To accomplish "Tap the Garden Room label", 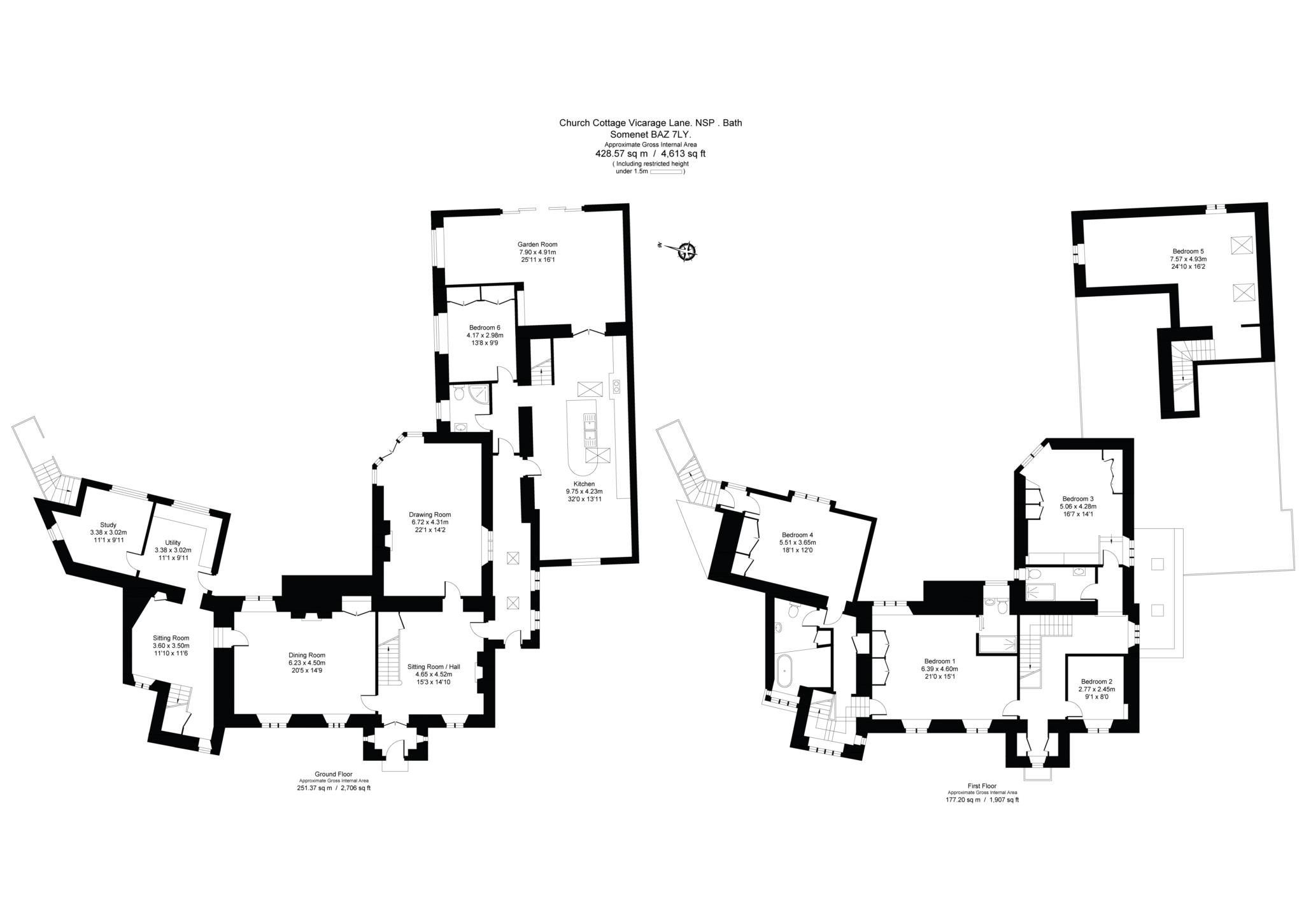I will pos(538,244).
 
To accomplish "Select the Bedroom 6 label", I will pos(485,328).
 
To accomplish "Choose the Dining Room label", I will pos(307,654).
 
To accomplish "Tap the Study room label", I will pos(108,525).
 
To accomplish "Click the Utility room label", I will pos(173,543).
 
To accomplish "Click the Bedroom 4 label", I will pos(797,535).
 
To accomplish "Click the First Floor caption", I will pos(981,786).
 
